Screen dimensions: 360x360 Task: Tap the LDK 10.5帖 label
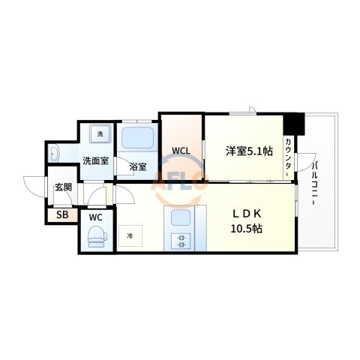point(247,218)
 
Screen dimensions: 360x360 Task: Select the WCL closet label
point(181,150)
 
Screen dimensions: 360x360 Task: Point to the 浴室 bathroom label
point(137,166)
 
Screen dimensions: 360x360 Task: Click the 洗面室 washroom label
point(96,160)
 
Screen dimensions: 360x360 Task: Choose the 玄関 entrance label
point(62,188)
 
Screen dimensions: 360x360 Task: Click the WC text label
point(96,218)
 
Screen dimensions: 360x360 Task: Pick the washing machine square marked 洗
point(99,134)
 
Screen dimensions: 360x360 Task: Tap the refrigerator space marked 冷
point(129,236)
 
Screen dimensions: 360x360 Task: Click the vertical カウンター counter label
point(288,157)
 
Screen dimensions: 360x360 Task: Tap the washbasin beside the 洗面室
point(55,154)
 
